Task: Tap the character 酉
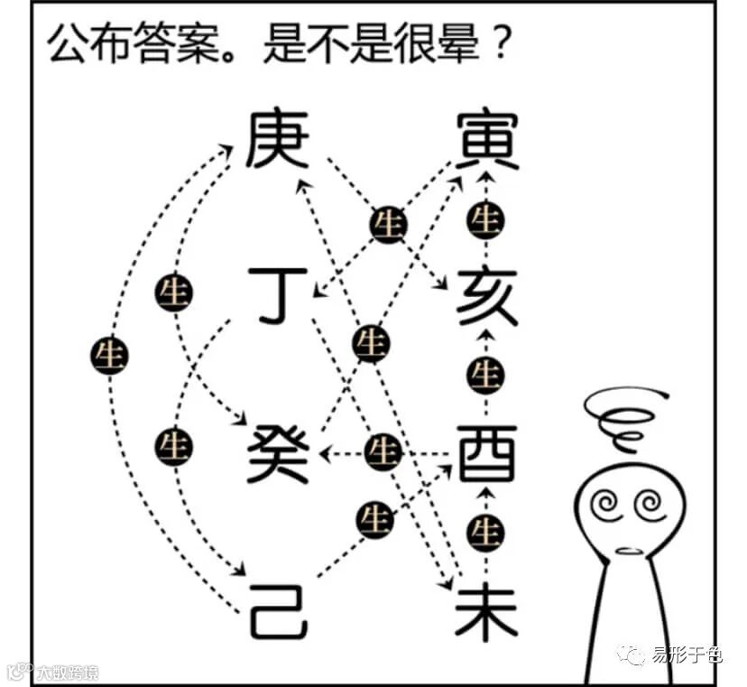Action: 487,453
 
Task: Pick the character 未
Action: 487,610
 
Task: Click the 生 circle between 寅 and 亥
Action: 486,218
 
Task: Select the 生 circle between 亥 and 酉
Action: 487,372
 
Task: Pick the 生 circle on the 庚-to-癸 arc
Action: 173,292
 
